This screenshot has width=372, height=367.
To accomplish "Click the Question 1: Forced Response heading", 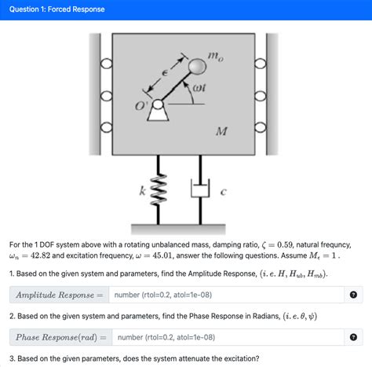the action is pos(57,9).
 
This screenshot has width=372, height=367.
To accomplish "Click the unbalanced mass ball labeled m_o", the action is pos(197,66).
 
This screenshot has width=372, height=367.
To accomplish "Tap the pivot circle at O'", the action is pos(158,105).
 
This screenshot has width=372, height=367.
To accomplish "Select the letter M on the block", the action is pos(222,131).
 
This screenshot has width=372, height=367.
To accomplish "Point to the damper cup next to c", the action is pos(200,188).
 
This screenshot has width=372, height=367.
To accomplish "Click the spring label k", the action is pos(142,191).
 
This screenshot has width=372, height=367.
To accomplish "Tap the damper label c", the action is pos(223,192).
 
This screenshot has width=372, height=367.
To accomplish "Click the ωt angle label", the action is pos(199,87).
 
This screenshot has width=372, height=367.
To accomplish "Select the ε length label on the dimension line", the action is pos(165,73).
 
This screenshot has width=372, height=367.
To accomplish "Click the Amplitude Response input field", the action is pos(226,295).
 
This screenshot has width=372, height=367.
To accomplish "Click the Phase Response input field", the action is pos(228,337).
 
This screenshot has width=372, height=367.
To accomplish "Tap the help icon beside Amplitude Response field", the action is pos(353,295).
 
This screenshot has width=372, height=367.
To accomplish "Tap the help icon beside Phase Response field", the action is pos(353,337).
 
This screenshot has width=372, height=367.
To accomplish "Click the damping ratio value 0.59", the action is pos(285,244).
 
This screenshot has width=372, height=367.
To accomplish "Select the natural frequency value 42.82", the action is pos(40,255).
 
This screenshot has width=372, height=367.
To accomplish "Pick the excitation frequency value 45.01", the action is pos(162,255).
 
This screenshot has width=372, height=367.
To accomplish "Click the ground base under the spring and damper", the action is pos(178,229).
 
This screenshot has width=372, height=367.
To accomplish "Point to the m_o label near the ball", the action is pos(216,57).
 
